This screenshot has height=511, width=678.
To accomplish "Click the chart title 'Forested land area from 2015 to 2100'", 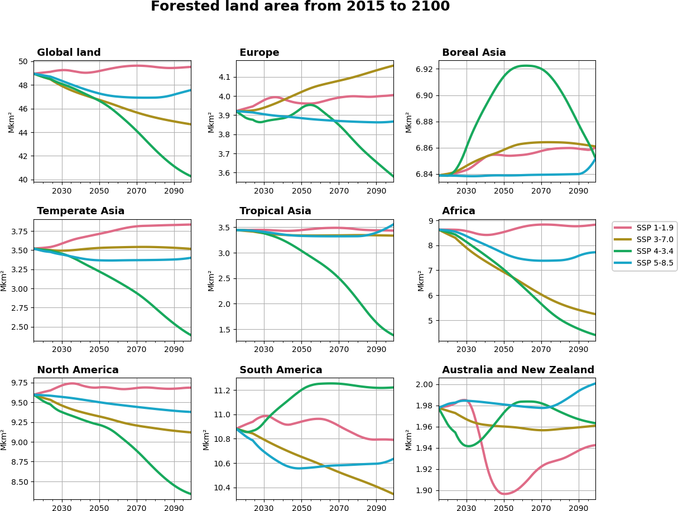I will [300, 7].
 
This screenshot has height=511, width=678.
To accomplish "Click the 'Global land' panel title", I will [69, 53].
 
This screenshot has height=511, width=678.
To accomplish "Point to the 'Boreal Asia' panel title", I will [474, 53].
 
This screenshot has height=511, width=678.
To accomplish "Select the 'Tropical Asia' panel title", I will [275, 211].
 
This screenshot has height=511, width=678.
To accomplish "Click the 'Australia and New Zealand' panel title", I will [518, 370].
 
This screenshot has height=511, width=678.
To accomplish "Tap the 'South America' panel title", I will [281, 370].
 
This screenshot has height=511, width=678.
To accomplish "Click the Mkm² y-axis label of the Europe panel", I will [211, 122].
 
